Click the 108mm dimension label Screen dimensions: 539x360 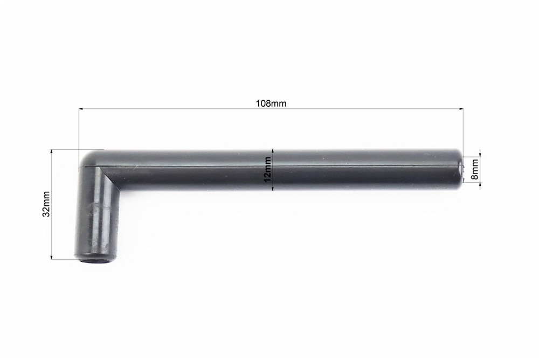(x=271, y=103)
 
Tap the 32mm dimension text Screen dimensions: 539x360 (x=46, y=204)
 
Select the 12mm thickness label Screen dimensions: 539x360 (x=267, y=170)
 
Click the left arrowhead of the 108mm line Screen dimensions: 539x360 (x=81, y=109)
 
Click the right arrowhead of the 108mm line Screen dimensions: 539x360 (x=461, y=109)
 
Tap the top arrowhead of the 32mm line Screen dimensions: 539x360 (x=52, y=151)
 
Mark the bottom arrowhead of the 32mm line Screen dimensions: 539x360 (x=52, y=256)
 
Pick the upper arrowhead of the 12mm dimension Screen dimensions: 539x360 (x=273, y=151)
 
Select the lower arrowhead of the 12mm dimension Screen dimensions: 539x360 (x=273, y=188)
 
